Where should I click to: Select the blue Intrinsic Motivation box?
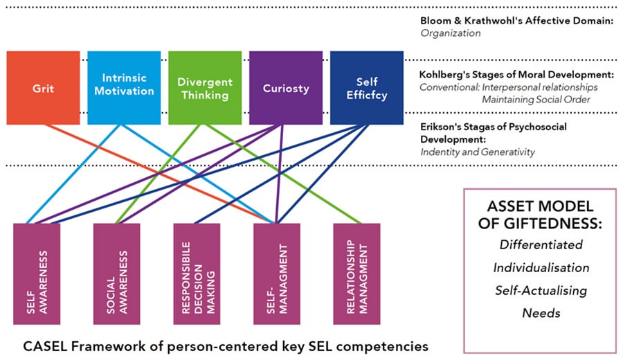[124, 88]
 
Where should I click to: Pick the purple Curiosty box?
[285, 88]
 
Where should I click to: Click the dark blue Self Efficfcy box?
[366, 88]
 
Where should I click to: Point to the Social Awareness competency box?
[116, 273]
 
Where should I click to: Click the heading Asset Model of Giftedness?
[540, 215]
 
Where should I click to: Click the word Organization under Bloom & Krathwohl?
[451, 32]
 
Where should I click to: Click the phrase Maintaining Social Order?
[536, 100]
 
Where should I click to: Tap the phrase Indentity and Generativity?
[477, 152]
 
